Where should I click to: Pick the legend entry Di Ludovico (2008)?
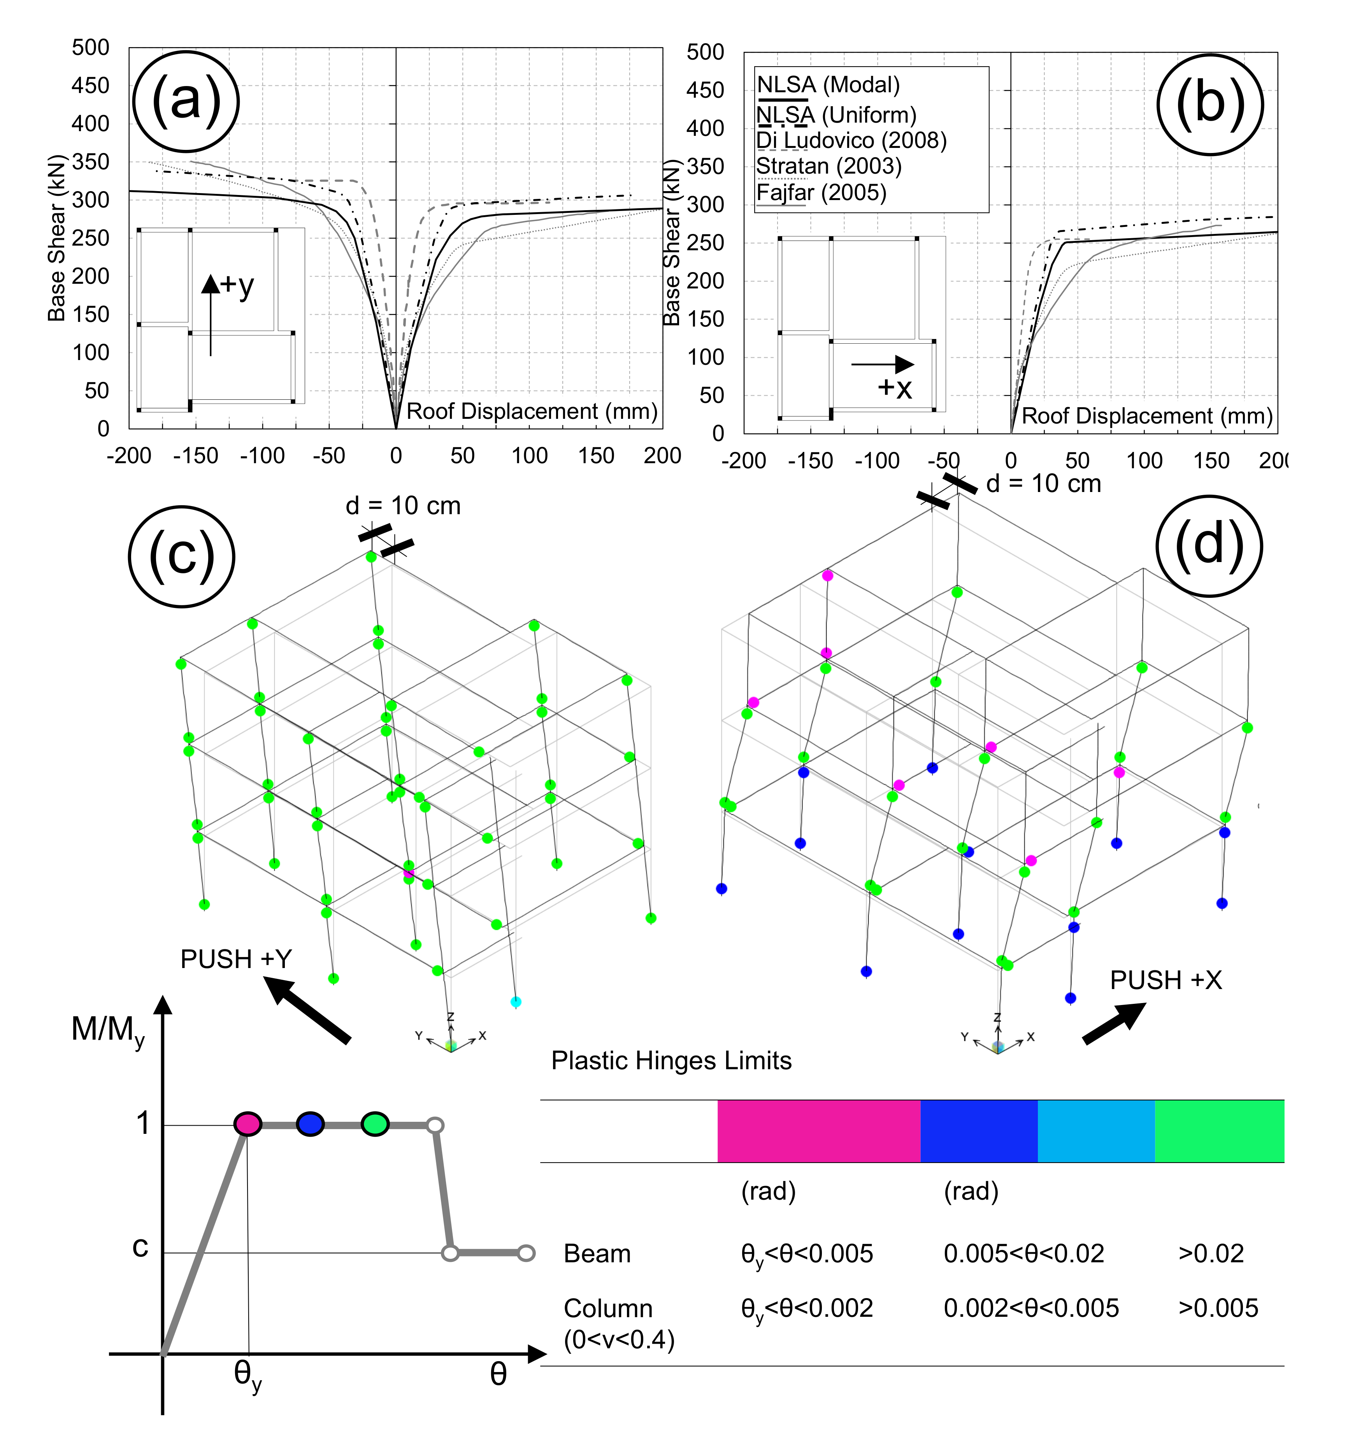click(851, 141)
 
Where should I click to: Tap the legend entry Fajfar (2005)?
click(821, 192)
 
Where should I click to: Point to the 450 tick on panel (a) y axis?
click(90, 85)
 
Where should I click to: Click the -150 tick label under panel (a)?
click(195, 456)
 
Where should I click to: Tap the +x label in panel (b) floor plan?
click(895, 388)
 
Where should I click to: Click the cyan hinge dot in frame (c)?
click(516, 1002)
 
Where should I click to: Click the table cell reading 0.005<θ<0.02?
click(1023, 1253)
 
